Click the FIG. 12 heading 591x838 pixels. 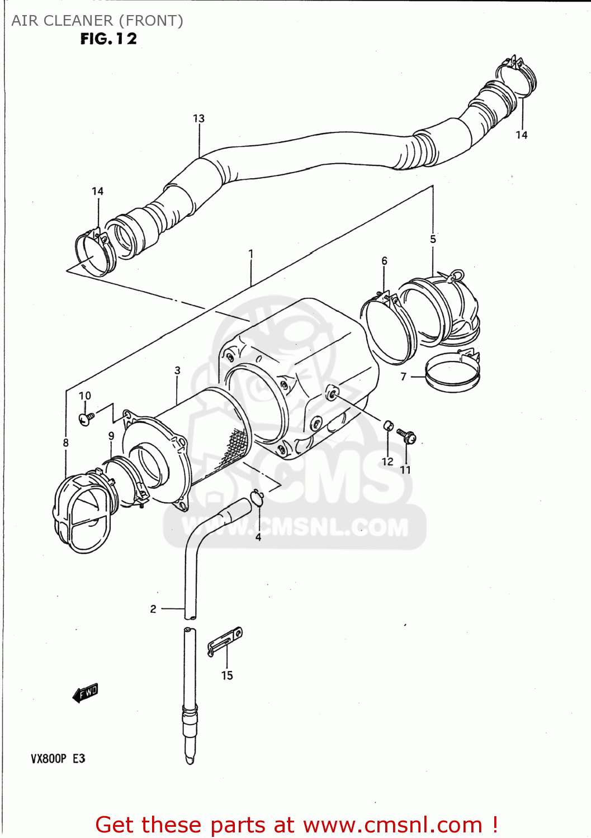[x=108, y=39]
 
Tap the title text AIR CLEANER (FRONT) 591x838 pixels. [x=97, y=21]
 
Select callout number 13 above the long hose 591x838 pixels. [x=198, y=118]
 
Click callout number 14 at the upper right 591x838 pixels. [x=521, y=135]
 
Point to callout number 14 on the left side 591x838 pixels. [x=98, y=191]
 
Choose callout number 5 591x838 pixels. [x=433, y=239]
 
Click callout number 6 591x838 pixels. [x=384, y=261]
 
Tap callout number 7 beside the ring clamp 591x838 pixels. [x=404, y=377]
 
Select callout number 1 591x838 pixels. [x=251, y=254]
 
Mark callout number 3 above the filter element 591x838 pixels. [x=177, y=370]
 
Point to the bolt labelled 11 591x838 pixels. [x=406, y=436]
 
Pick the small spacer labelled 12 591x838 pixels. [x=389, y=426]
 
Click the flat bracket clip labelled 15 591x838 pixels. [x=225, y=642]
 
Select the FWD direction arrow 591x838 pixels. [x=86, y=693]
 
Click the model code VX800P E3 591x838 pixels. [x=58, y=759]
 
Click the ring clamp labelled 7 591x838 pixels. [x=453, y=373]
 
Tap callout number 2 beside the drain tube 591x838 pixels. [x=153, y=609]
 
